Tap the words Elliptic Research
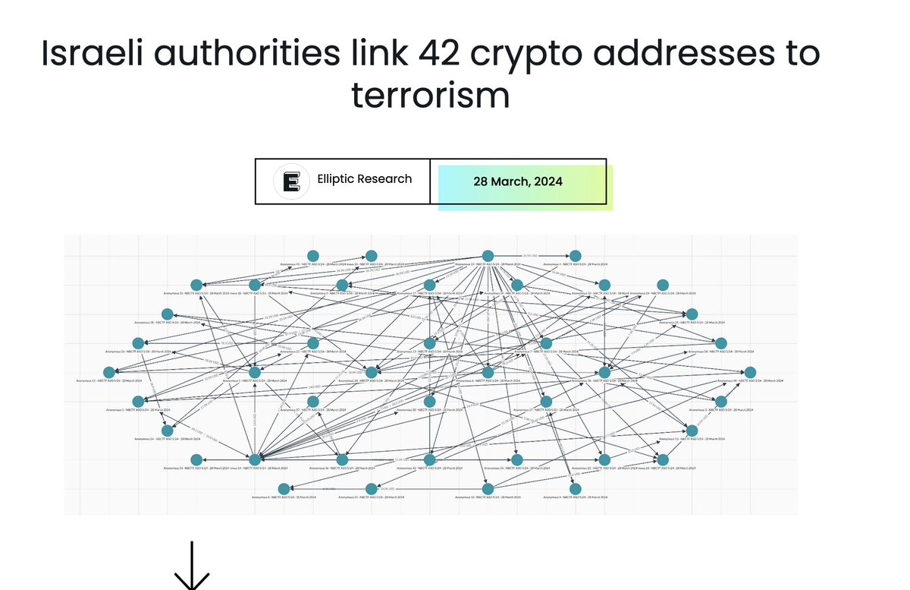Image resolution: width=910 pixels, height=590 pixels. click(x=375, y=179)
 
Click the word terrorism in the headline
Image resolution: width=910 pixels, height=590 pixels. click(x=429, y=96)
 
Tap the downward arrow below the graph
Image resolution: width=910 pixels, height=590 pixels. click(x=192, y=565)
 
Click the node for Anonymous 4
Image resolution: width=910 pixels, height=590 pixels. click(x=576, y=256)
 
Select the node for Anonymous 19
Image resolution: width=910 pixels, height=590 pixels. click(x=517, y=459)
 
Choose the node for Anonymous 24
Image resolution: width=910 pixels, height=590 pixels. click(x=167, y=431)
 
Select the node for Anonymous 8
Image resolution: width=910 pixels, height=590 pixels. click(x=284, y=488)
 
